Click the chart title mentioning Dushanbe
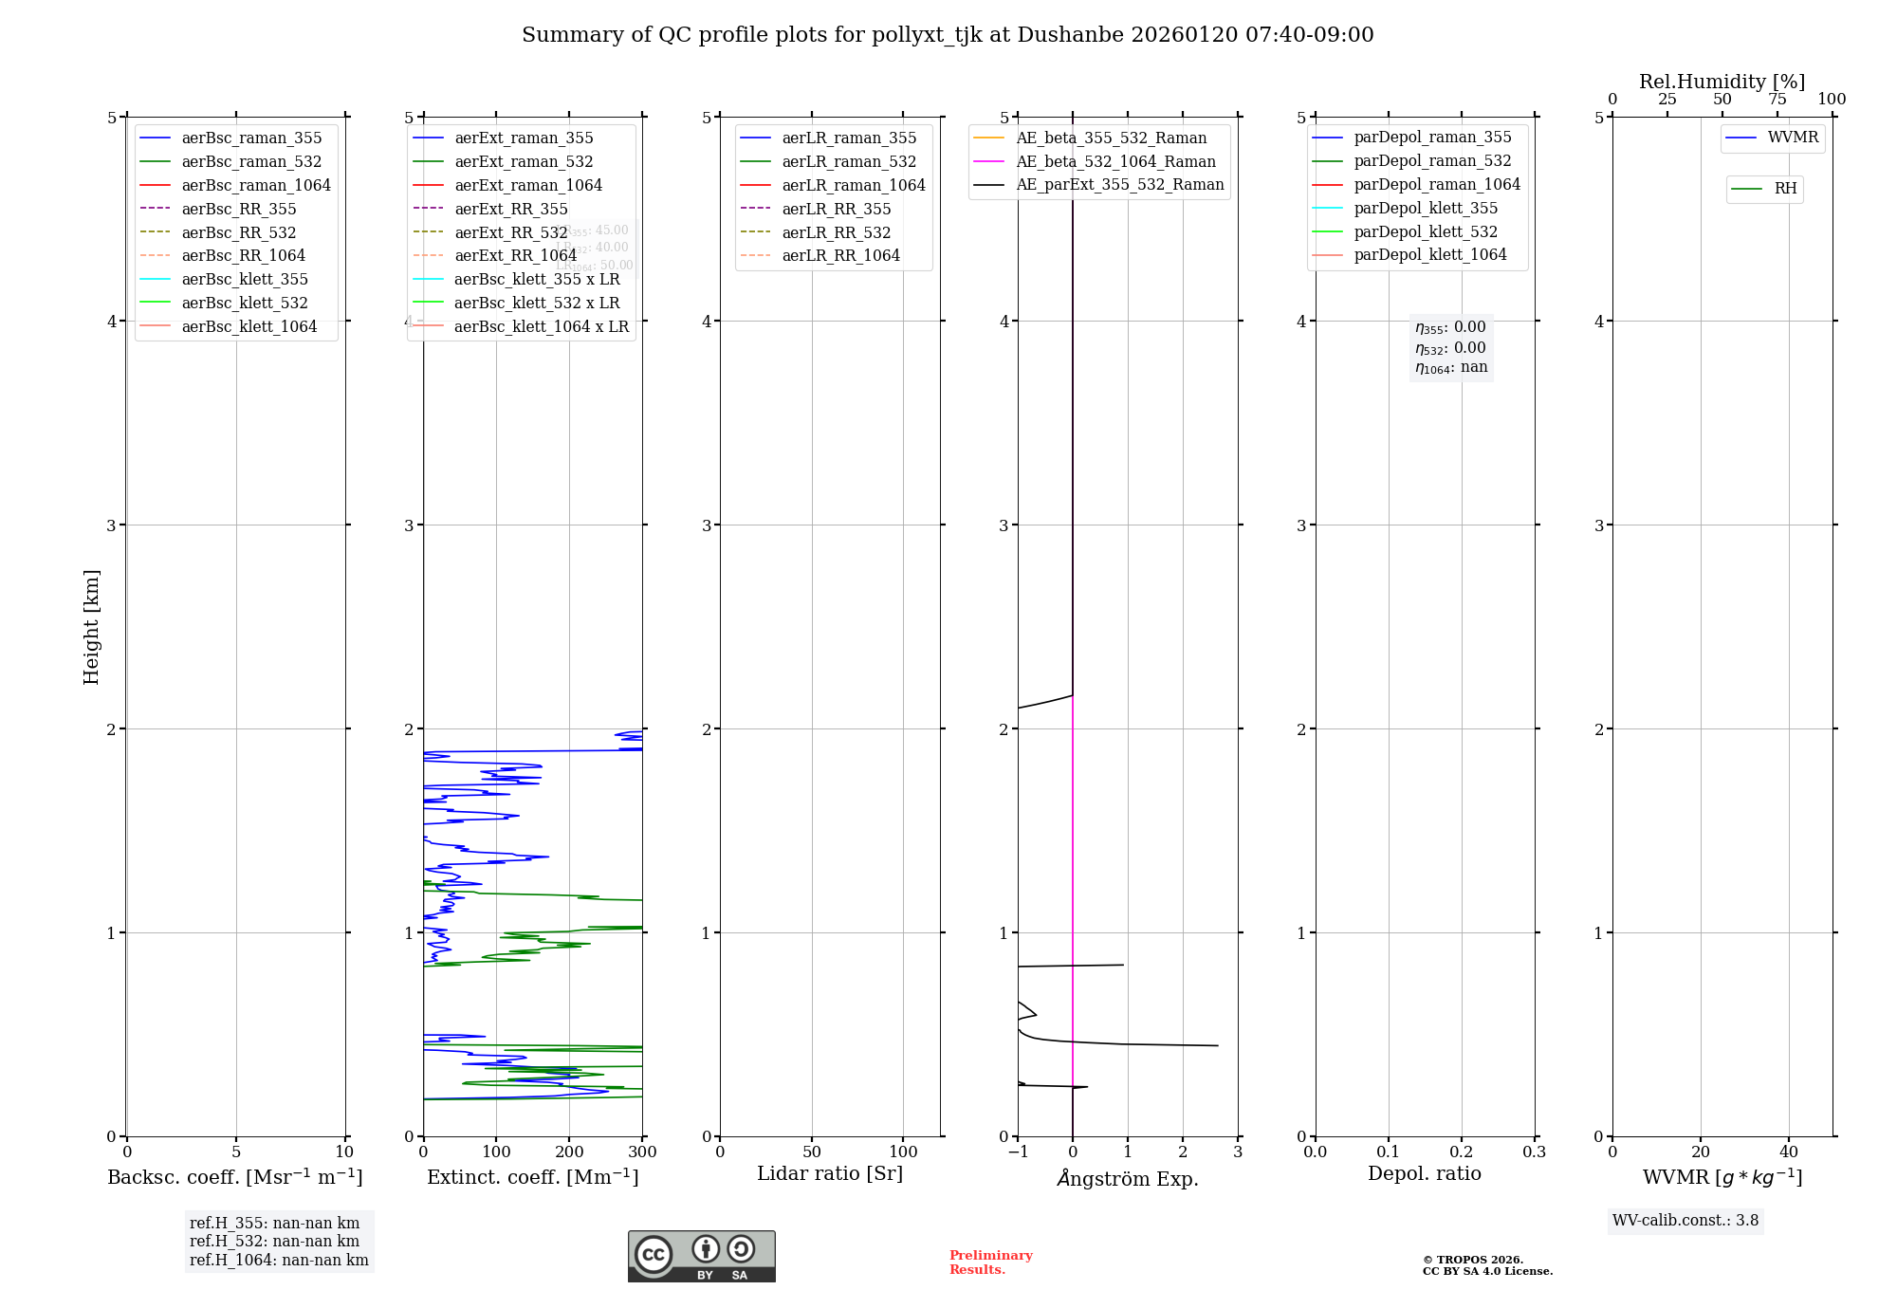coord(948,35)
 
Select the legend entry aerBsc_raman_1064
coord(256,185)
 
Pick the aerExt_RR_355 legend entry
coord(511,209)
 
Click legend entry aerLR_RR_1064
coord(840,255)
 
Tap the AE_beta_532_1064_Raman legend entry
coord(1115,161)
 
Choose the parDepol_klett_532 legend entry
coord(1426,231)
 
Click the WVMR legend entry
coord(1793,138)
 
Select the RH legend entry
coord(1785,189)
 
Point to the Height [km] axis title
coord(91,626)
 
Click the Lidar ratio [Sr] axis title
coord(830,1173)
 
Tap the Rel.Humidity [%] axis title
coord(1722,82)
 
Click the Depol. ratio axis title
coord(1424,1173)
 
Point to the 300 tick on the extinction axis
coord(642,1152)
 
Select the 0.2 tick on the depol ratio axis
coord(1462,1152)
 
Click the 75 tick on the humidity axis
coord(1777,100)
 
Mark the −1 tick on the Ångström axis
coord(1018,1152)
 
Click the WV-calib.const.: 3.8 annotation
coord(1685,1221)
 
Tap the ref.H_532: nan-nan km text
coord(274,1242)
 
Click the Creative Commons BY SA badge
coord(701,1257)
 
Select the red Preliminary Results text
coord(990,1262)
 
